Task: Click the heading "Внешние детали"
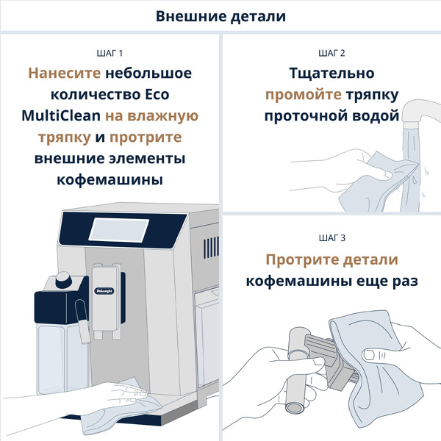pyautogui.click(x=220, y=16)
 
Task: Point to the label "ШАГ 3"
pyautogui.click(x=331, y=238)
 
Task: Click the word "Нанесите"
pyautogui.click(x=63, y=74)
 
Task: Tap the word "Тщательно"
pyautogui.click(x=331, y=74)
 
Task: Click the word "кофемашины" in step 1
pyautogui.click(x=110, y=181)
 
